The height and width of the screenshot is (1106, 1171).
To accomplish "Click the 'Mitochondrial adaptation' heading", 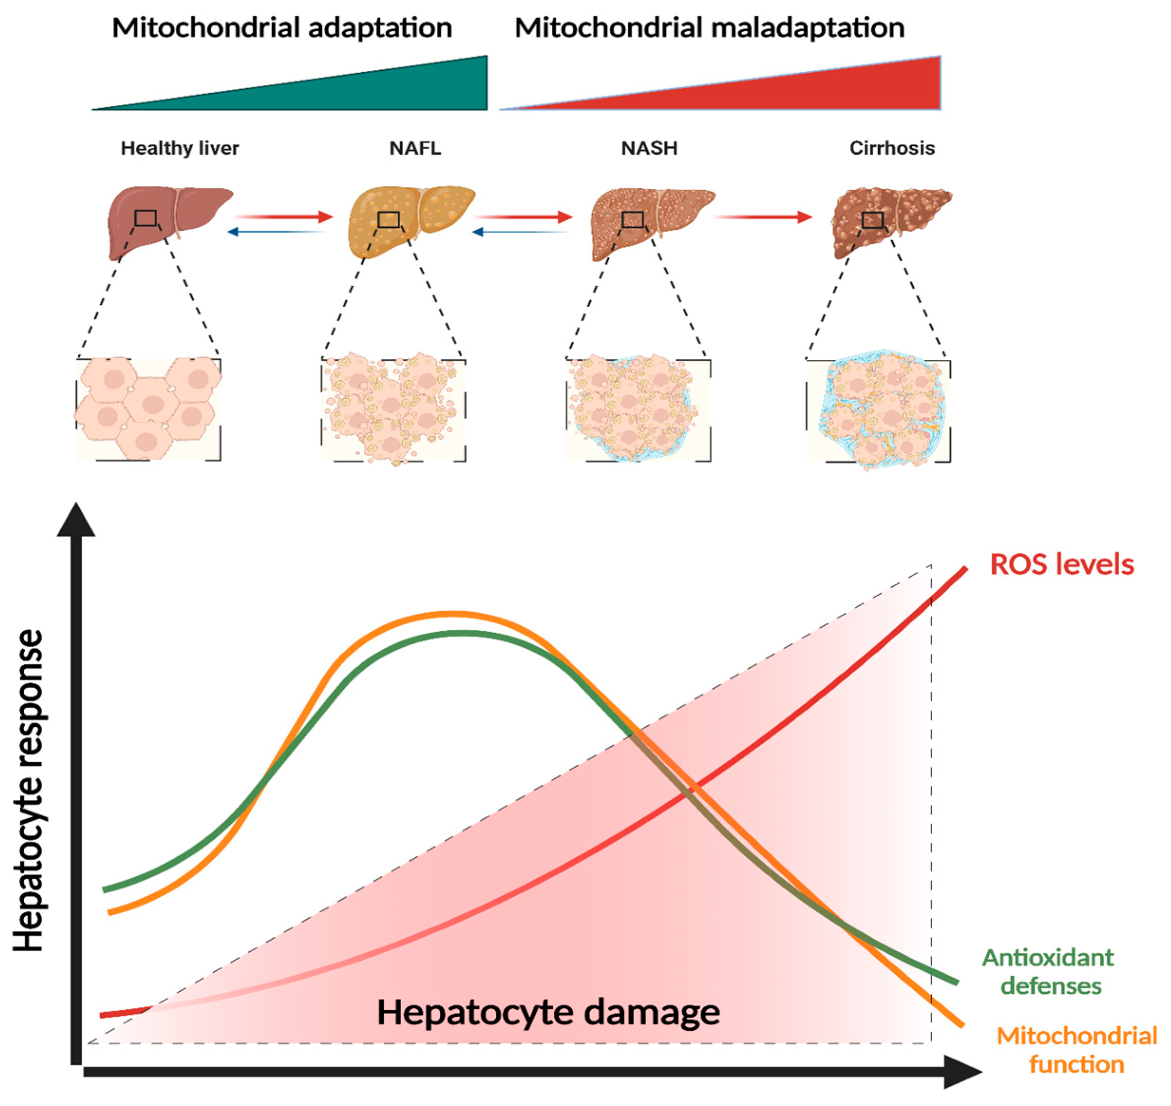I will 282,28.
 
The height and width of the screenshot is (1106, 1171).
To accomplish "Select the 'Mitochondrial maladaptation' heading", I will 709,28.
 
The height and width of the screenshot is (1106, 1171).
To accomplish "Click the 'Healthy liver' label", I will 180,148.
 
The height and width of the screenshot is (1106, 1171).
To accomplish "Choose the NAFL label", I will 415,148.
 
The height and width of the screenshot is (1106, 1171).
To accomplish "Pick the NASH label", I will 649,148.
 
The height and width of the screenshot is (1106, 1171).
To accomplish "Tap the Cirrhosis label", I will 891,148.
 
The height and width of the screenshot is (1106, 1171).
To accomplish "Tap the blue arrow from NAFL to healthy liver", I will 277,232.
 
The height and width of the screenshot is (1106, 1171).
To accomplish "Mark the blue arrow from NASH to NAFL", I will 522,232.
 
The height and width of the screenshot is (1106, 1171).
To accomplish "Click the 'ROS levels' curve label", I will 1061,564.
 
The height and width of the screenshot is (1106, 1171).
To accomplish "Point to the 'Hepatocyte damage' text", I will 548,1012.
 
